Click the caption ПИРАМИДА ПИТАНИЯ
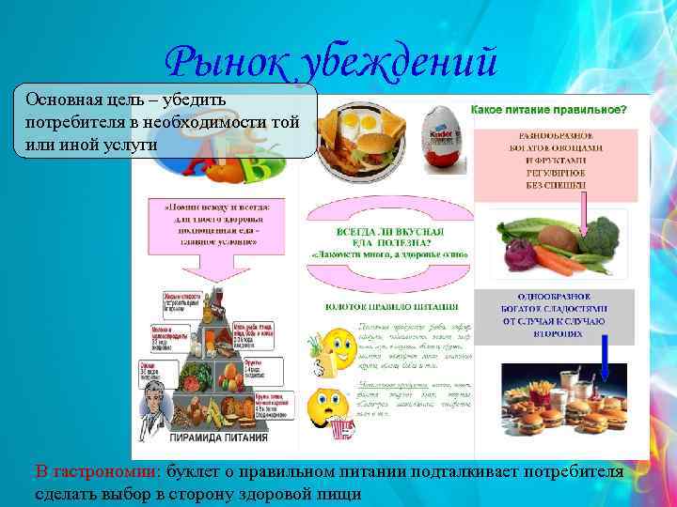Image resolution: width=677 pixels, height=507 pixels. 218,436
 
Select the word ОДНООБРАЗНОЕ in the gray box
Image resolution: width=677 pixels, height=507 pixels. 556,296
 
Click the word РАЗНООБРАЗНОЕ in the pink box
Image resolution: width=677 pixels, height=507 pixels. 555,136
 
